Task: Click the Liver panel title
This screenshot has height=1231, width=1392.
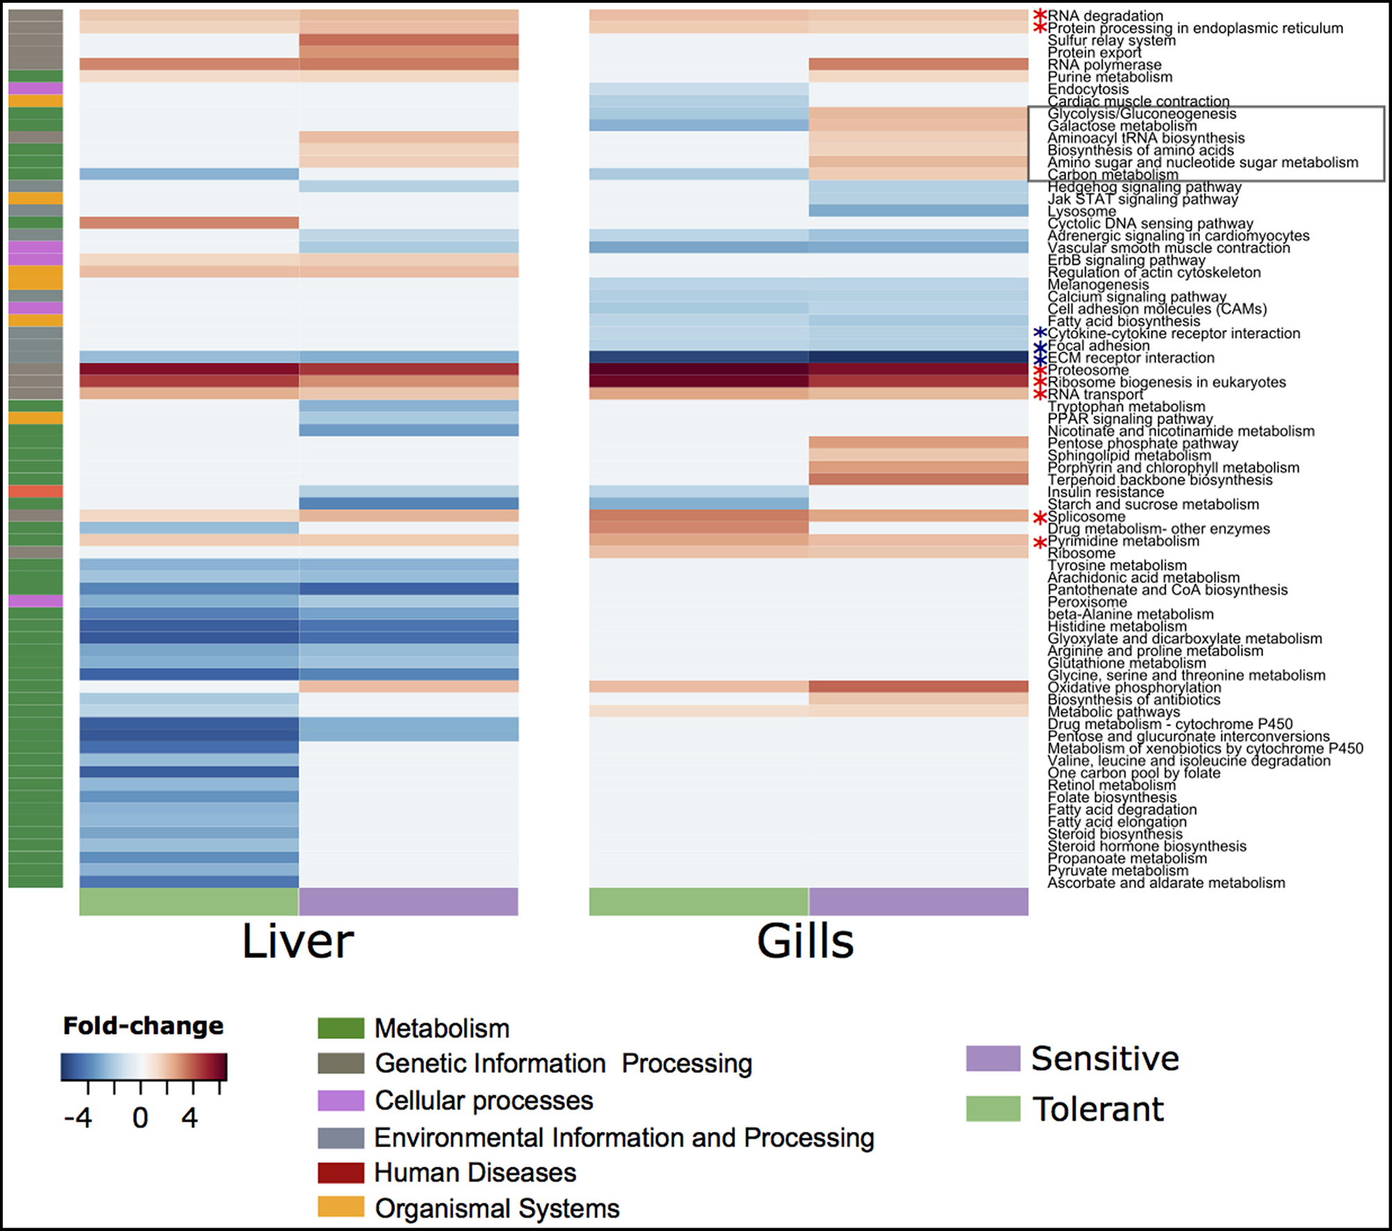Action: pos(298,941)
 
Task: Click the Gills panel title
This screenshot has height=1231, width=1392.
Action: pos(805,941)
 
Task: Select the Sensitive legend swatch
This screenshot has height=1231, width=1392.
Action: pos(993,1058)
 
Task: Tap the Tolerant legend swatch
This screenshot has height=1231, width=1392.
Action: pos(993,1108)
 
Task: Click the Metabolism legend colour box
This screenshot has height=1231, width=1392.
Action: pos(340,1028)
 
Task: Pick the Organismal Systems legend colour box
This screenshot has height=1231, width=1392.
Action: pos(340,1207)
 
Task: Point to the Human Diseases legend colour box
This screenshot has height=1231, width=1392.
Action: pos(340,1172)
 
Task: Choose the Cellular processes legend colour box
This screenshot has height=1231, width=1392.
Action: pos(340,1100)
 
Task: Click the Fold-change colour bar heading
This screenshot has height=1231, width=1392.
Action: pos(143,1026)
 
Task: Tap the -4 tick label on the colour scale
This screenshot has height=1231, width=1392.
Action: pos(78,1117)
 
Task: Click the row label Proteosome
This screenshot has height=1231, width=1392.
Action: pos(1088,370)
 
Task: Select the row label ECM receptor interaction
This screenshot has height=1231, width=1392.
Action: pos(1131,358)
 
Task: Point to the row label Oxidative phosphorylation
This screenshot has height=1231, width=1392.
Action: pos(1134,688)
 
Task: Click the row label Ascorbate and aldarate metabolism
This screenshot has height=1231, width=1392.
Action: pos(1166,883)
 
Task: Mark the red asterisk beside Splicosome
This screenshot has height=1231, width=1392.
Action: pos(1040,518)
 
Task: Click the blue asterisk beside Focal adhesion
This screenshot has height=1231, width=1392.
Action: pos(1040,347)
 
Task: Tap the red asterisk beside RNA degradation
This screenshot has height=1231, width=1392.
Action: pos(1040,15)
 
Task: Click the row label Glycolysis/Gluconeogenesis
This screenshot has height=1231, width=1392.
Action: pos(1142,114)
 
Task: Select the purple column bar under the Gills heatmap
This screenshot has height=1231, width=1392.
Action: pos(919,902)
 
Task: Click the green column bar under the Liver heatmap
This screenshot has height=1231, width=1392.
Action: pos(189,902)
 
